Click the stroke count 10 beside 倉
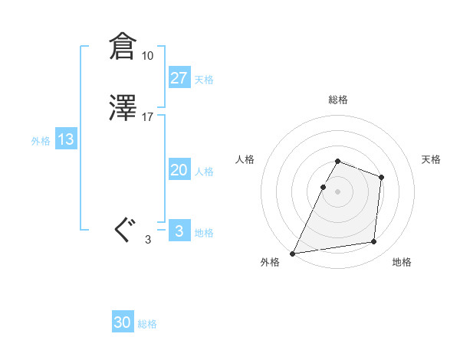pos(147,56)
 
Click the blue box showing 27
pos(179,77)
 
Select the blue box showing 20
pos(179,170)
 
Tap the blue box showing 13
pos(66,139)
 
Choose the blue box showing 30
pos(123,322)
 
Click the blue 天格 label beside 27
pos(204,79)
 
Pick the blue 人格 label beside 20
pos(204,172)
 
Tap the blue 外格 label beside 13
pos(41,141)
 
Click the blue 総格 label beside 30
pos(147,324)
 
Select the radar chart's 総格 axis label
pos(338,100)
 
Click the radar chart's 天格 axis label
pos(431,159)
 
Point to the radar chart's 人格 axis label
pos(245,159)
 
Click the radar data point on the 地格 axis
pos(374,242)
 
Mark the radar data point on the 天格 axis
pos(381,178)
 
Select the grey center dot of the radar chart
pos(338,191)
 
